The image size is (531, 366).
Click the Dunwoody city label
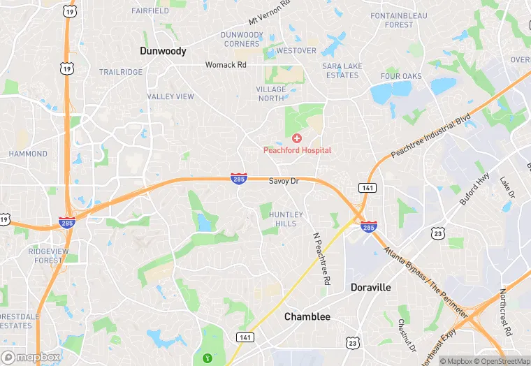163,51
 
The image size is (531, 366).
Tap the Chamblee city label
307,317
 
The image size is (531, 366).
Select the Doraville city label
370,288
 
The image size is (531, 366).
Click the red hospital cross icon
297,138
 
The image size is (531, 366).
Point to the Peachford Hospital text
297,150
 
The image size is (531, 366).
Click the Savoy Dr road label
284,181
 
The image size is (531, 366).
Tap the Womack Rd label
226,65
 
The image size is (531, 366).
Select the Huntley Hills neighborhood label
286,219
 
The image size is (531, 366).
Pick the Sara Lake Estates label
341,71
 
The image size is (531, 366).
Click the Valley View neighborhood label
170,96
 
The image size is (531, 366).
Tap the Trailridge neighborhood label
120,72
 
